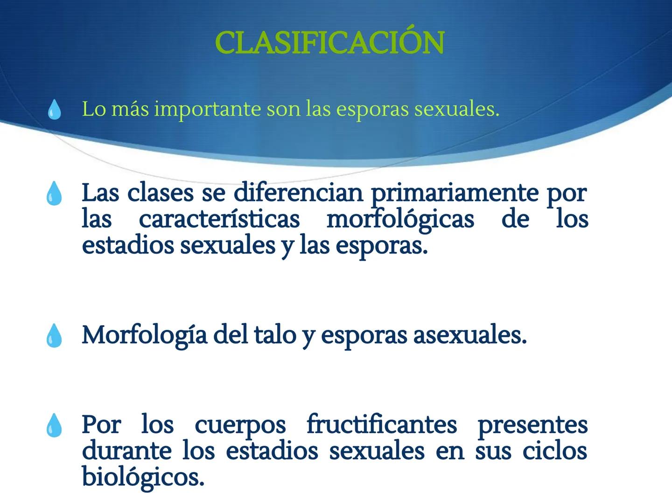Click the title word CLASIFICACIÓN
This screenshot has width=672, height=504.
coord(329,43)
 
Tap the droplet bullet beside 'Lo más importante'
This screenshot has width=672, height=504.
coord(55,110)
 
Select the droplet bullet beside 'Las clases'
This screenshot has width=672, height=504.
coord(54,193)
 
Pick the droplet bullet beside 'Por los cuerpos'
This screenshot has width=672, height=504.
coord(54,425)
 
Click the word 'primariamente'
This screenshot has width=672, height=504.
coord(455,192)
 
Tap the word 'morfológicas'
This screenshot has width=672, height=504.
coord(400,219)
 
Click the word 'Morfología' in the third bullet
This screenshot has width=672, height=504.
coord(144,335)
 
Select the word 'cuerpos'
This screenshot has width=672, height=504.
coord(240,425)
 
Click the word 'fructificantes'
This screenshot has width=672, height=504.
coord(381,425)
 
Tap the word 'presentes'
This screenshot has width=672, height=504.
coord(532,425)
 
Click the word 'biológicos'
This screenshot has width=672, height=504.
coord(143,477)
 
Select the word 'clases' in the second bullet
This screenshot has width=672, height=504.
coord(160,192)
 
